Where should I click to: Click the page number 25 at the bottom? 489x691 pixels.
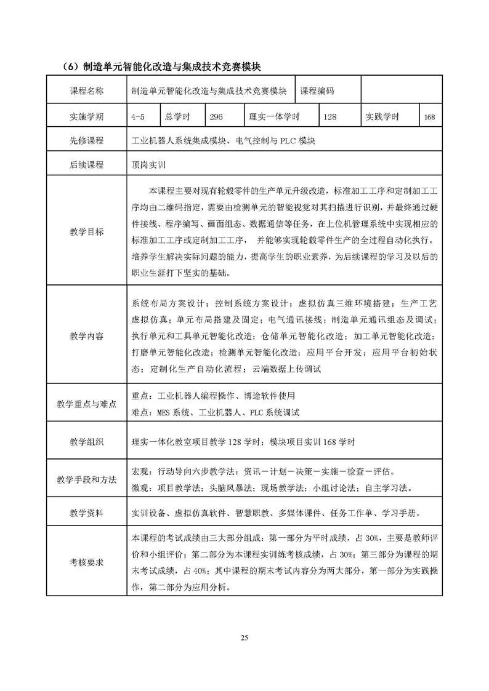click(x=244, y=637)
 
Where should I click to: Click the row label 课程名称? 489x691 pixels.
click(x=87, y=91)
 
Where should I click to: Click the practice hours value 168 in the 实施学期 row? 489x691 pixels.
click(x=429, y=116)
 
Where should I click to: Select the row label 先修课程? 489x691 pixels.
click(x=87, y=140)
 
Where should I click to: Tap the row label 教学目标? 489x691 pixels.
click(x=87, y=232)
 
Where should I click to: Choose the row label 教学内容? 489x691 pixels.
click(x=87, y=336)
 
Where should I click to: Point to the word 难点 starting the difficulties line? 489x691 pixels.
click(x=140, y=412)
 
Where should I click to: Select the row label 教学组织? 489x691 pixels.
click(x=87, y=442)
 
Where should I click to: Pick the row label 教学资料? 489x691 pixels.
click(x=87, y=512)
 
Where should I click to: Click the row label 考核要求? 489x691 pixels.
click(x=87, y=561)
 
